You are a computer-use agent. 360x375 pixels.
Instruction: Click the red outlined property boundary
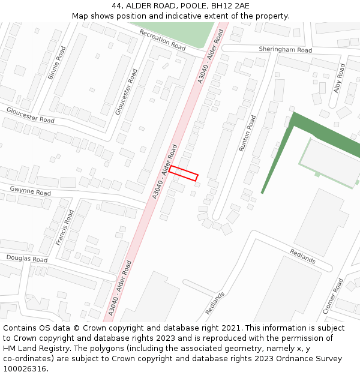[183, 173]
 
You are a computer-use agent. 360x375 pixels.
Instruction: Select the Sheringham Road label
[285, 50]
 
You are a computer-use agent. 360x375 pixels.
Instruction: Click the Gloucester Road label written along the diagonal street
[127, 91]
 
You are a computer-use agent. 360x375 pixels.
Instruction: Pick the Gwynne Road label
[30, 191]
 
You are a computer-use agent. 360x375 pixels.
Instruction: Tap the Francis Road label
[65, 227]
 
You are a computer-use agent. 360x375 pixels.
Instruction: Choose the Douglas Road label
[26, 259]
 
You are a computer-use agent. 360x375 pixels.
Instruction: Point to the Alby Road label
[339, 78]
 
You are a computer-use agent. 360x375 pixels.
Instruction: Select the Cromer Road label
[333, 296]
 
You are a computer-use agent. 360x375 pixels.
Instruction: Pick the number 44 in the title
[116, 6]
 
